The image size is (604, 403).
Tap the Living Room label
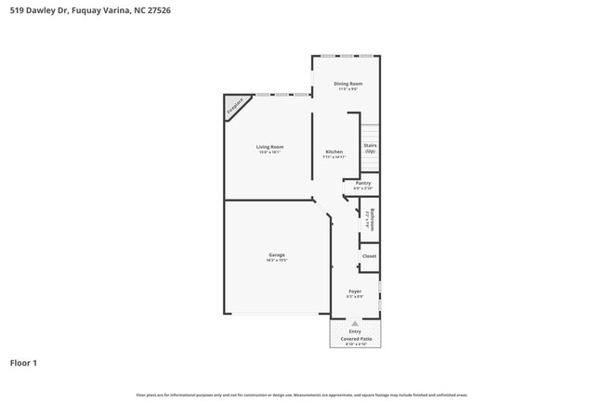269,147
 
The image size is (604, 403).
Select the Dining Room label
348,84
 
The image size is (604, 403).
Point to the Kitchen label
334,151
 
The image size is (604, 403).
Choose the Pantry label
363,183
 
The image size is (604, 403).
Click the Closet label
369,256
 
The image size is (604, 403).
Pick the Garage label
277,255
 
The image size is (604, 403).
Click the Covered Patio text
355,338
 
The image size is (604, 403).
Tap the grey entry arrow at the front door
354,323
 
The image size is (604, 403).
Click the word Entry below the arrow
355,331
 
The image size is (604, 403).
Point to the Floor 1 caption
23,362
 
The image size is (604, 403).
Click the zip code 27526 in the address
158,10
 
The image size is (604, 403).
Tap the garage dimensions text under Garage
277,261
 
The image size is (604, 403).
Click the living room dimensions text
269,152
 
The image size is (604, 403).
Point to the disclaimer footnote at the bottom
302,395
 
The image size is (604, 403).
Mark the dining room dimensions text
348,89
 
